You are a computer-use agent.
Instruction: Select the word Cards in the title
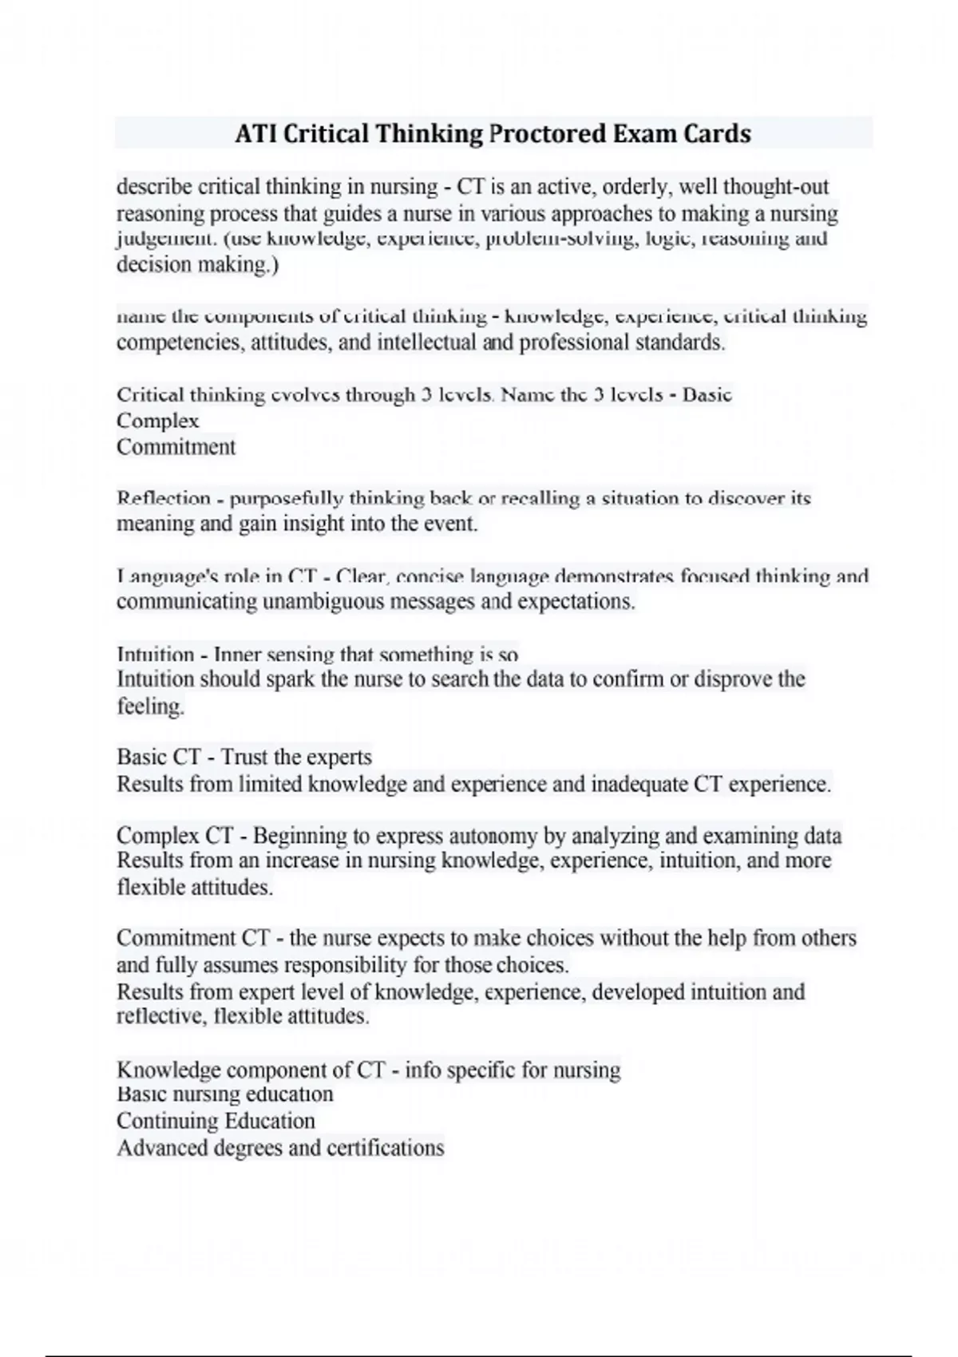coord(716,133)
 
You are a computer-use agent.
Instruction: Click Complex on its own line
coord(157,421)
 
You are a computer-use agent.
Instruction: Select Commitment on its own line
coord(176,446)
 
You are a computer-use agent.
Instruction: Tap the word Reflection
coord(164,499)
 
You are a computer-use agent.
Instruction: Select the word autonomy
coord(494,836)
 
